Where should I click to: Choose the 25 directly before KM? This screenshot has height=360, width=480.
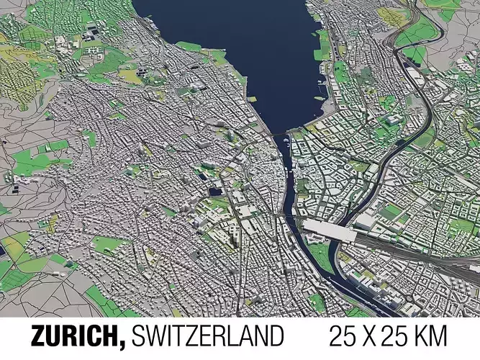(x=404, y=336)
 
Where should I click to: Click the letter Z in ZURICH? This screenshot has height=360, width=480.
(x=39, y=336)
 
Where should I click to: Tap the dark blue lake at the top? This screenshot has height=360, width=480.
(x=230, y=43)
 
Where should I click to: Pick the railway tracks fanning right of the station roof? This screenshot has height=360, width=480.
(x=403, y=245)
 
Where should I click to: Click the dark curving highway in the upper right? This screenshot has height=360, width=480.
(x=425, y=108)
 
